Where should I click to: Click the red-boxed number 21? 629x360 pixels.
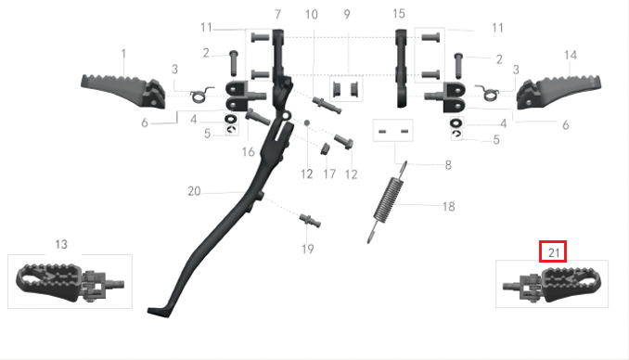click(x=553, y=252)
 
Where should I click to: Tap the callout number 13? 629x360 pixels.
click(x=61, y=244)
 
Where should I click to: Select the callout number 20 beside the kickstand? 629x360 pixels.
click(x=194, y=191)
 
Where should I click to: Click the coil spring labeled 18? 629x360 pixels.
click(x=388, y=202)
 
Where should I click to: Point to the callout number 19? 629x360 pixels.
click(x=308, y=249)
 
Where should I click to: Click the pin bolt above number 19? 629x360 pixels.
click(x=310, y=220)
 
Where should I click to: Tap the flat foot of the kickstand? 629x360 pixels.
click(x=160, y=312)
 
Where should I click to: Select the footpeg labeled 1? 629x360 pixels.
click(x=123, y=91)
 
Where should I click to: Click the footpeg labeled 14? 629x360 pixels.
click(x=558, y=92)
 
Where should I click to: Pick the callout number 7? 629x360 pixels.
click(x=277, y=15)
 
